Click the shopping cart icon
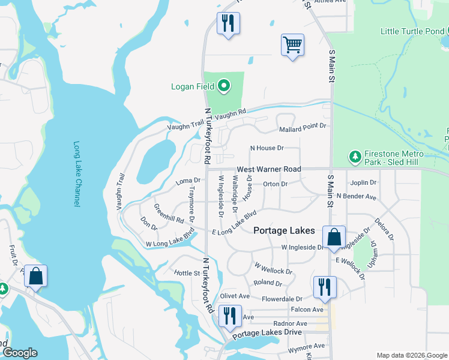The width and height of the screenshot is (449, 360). click(292, 44)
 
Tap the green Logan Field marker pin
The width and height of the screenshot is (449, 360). click(224, 86)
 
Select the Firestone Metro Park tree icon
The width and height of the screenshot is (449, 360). click(355, 157)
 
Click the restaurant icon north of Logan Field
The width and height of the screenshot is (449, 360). click(228, 23)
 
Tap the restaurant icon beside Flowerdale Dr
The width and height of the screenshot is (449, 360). click(325, 287)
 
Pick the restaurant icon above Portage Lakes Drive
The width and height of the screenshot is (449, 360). click(229, 316)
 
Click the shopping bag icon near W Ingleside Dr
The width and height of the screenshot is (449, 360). click(333, 237)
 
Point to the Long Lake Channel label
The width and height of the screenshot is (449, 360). click(77, 175)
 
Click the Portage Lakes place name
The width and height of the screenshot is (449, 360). click(284, 230)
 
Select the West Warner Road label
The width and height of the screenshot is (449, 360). click(268, 170)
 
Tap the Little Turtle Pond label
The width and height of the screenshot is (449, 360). click(412, 31)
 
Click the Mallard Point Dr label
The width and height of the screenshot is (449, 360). click(303, 127)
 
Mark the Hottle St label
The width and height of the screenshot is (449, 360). click(187, 273)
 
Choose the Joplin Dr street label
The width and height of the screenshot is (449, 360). click(364, 182)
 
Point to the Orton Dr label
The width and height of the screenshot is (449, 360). click(276, 184)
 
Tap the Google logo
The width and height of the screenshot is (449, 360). click(20, 353)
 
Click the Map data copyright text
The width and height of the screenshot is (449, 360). click(411, 355)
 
